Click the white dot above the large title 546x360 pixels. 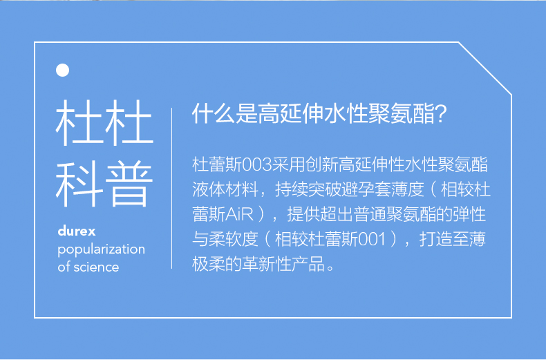[x=62, y=70]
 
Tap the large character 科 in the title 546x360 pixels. [x=79, y=184]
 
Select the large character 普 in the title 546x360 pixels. [x=129, y=184]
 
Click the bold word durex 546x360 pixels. [x=77, y=231]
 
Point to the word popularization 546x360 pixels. [x=102, y=249]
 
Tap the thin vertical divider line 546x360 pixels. [x=171, y=189]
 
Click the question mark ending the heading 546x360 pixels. [x=440, y=114]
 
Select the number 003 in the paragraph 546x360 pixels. [x=257, y=164]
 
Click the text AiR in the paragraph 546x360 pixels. [x=239, y=214]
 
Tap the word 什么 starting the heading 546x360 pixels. [x=213, y=114]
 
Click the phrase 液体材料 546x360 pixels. [x=225, y=190]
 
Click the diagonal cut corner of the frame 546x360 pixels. [x=484, y=68]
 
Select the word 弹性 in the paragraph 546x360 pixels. [x=469, y=214]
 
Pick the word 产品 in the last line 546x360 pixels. [x=308, y=264]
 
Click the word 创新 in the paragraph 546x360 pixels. [x=322, y=164]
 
